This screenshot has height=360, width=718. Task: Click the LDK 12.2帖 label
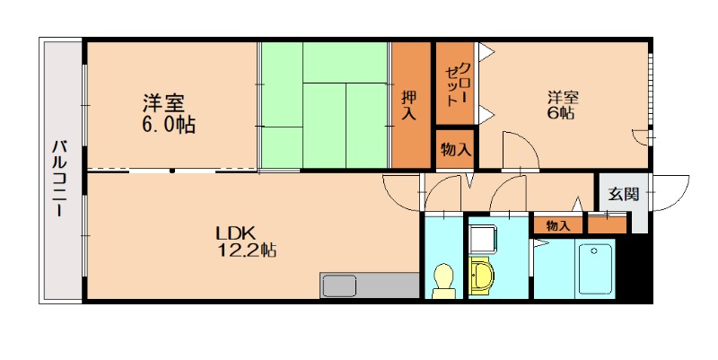(245, 241)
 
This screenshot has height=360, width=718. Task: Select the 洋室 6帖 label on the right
(561, 105)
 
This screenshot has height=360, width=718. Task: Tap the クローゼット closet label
(456, 82)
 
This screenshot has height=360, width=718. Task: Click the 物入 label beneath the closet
(456, 149)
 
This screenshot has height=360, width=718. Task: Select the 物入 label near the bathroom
(557, 225)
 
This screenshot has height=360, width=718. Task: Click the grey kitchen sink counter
(369, 286)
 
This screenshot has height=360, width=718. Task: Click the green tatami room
(325, 106)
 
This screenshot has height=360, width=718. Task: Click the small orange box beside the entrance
(607, 224)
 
